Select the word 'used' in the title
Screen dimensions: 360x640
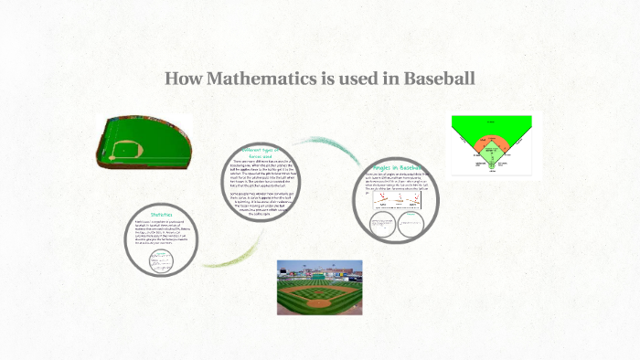(x=358, y=79)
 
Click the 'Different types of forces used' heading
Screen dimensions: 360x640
(x=261, y=153)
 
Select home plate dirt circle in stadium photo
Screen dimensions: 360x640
(x=318, y=303)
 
